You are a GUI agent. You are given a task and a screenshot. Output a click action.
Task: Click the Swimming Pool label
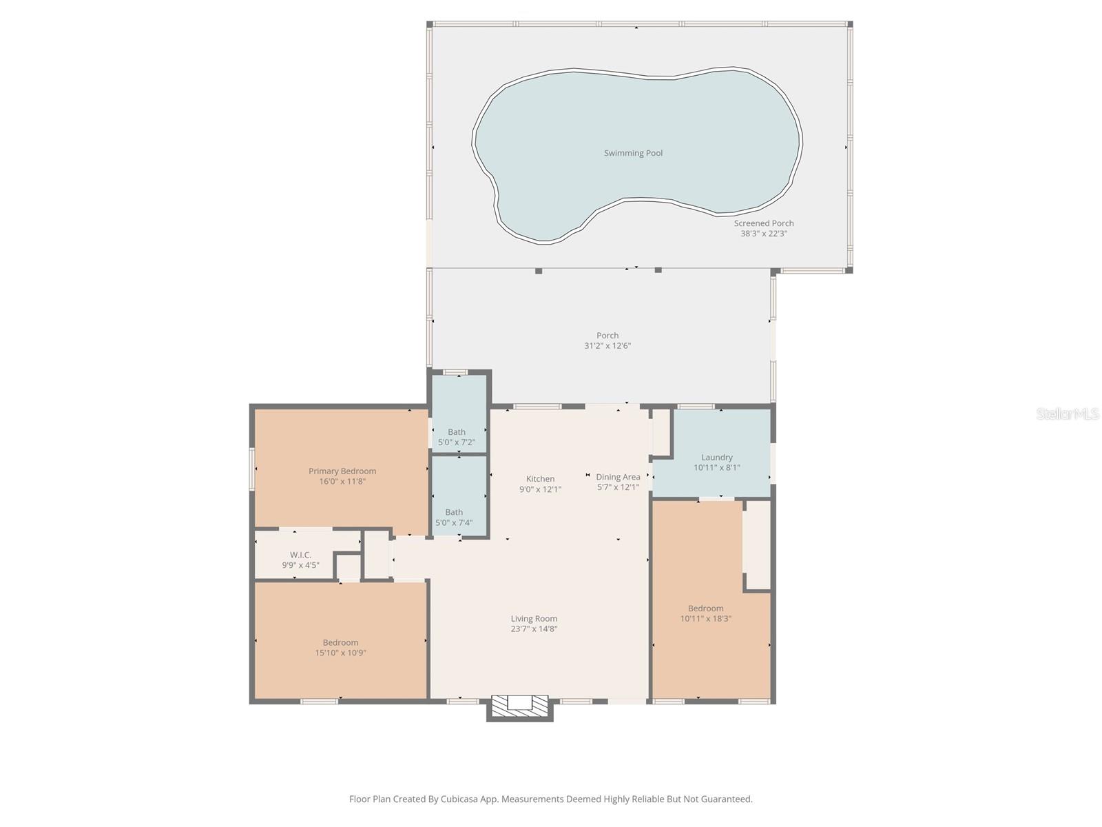pyautogui.click(x=633, y=153)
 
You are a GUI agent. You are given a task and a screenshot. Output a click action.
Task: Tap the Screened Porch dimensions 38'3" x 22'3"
pyautogui.click(x=763, y=234)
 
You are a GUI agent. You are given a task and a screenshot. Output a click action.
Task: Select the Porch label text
pyautogui.click(x=607, y=336)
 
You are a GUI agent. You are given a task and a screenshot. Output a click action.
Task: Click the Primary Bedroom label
pyautogui.click(x=342, y=471)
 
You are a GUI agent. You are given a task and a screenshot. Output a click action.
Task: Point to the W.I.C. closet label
pyautogui.click(x=300, y=555)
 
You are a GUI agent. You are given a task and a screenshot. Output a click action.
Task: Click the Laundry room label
pyautogui.click(x=716, y=457)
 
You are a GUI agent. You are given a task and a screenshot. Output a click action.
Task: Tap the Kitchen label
pyautogui.click(x=540, y=479)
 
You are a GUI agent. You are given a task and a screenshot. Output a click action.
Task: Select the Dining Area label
pyautogui.click(x=618, y=477)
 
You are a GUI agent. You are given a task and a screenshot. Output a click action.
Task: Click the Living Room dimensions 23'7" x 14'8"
pyautogui.click(x=534, y=629)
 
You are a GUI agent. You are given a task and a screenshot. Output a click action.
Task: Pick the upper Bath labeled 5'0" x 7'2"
pyautogui.click(x=457, y=437)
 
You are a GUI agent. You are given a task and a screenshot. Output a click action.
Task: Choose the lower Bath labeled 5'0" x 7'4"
pyautogui.click(x=454, y=517)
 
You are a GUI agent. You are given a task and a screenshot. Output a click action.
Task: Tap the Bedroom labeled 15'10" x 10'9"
pyautogui.click(x=340, y=647)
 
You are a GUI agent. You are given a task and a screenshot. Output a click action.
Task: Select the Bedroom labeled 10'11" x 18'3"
pyautogui.click(x=705, y=613)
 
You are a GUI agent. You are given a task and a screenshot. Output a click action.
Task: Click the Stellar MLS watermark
pyautogui.click(x=1067, y=414)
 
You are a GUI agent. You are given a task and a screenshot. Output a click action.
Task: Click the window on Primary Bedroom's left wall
pyautogui.click(x=252, y=469)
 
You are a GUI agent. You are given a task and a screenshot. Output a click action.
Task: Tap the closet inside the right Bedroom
pyautogui.click(x=758, y=544)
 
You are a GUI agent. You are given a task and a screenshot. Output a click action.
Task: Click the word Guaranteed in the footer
pyautogui.click(x=726, y=799)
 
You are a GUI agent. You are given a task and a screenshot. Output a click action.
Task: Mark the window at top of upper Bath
pyautogui.click(x=455, y=373)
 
